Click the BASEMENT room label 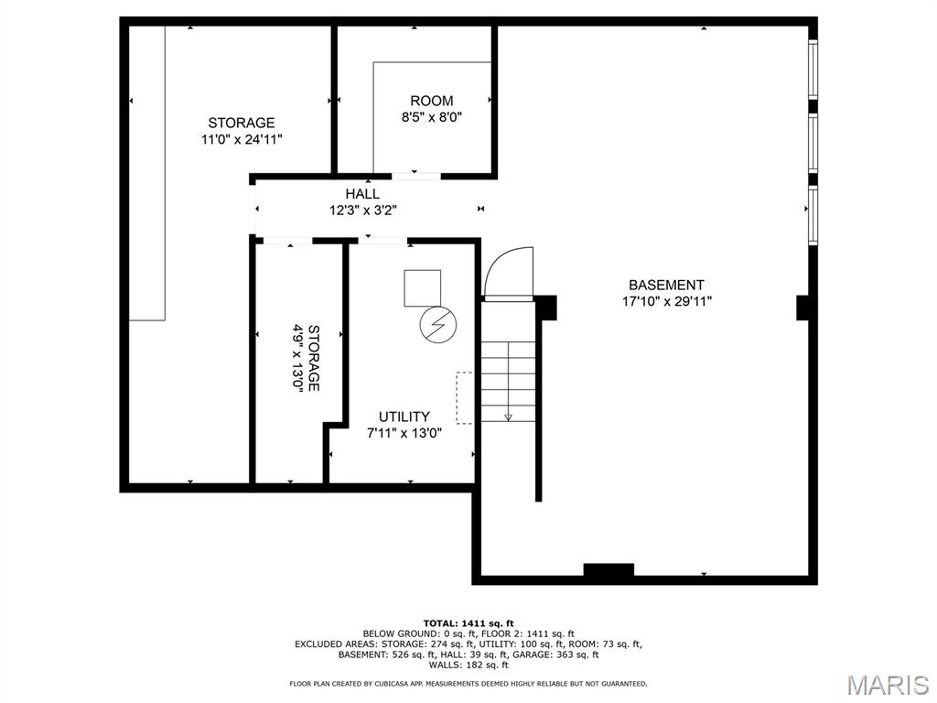tap(666, 285)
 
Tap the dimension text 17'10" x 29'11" tap(666, 300)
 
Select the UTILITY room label tap(404, 416)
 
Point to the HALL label tap(362, 194)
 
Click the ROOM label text tap(431, 101)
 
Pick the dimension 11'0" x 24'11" tap(242, 139)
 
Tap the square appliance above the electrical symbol tap(422, 287)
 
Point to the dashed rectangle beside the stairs tap(465, 397)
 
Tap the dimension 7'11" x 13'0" tap(404, 433)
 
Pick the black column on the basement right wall tap(802, 307)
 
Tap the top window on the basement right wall tap(812, 70)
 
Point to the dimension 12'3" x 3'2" tap(362, 210)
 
